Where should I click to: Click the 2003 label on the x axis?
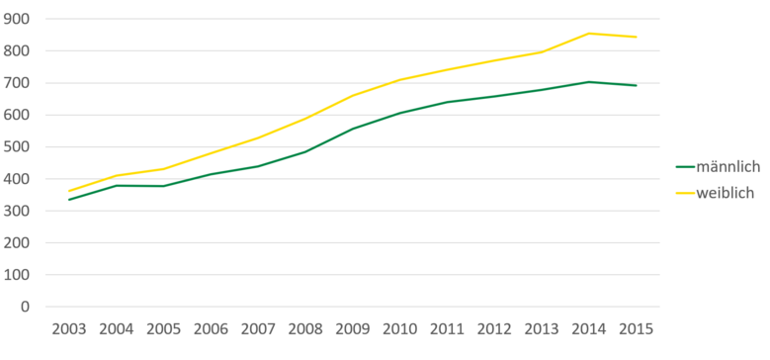tap(68, 328)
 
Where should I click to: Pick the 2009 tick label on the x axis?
tap(353, 328)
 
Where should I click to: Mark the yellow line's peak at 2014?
tap(589, 34)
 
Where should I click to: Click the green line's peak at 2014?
tap(589, 82)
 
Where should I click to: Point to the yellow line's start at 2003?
tap(68, 191)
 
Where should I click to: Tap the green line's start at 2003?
tap(68, 200)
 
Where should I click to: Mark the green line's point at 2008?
tap(305, 151)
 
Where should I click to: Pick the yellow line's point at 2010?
tap(400, 80)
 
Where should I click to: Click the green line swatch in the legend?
tap(686, 166)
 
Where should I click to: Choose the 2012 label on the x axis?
tap(494, 328)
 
